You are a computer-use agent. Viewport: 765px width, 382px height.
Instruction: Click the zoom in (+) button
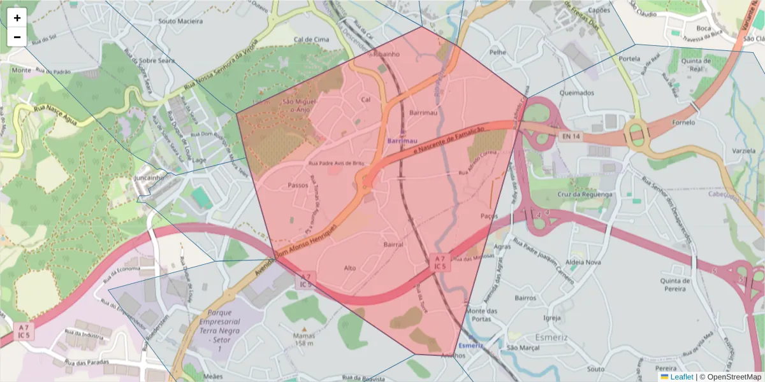click(x=17, y=18)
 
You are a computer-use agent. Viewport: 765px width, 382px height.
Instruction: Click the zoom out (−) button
click(x=17, y=37)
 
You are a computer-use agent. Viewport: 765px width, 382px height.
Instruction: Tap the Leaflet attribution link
click(x=681, y=377)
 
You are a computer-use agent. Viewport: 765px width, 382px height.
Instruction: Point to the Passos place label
click(x=298, y=186)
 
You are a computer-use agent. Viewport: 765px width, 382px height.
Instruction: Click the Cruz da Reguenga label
click(x=585, y=194)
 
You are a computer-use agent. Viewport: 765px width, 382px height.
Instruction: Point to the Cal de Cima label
click(x=311, y=39)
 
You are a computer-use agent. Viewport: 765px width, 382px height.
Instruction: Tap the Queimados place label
click(x=576, y=92)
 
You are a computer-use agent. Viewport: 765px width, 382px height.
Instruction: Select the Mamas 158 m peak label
click(x=304, y=339)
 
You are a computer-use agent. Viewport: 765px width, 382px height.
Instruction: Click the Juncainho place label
click(x=149, y=179)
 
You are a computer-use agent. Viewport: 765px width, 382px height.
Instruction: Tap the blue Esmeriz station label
click(x=470, y=346)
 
